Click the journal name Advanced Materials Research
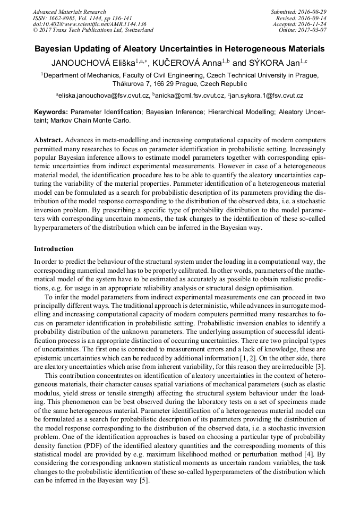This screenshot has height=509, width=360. (x=70, y=12)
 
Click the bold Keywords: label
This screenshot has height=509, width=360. (x=51, y=113)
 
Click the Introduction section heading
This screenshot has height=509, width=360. (x=54, y=249)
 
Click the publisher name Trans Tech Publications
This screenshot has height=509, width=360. (x=87, y=30)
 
